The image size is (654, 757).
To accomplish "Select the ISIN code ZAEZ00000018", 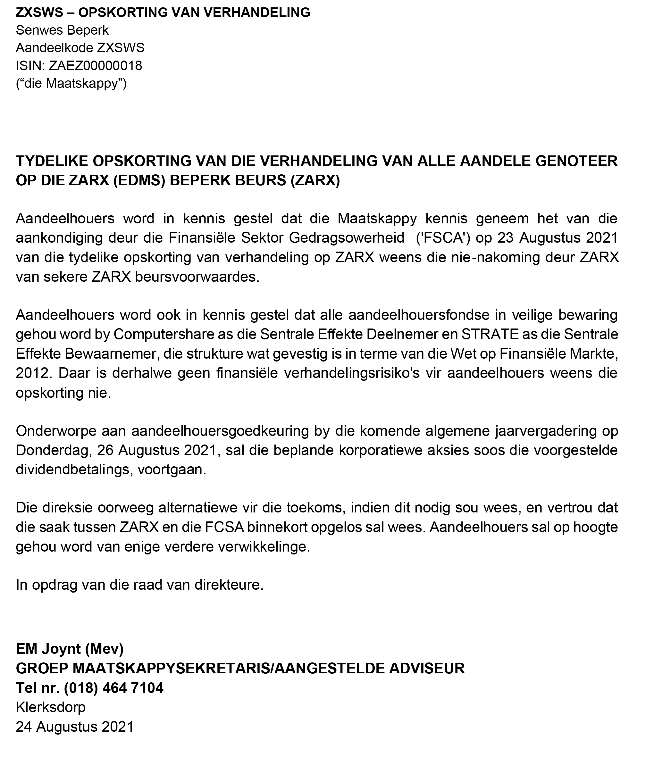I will click(x=95, y=66).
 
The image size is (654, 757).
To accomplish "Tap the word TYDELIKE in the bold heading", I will click(x=50, y=161).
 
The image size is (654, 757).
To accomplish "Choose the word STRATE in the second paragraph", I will click(x=490, y=334).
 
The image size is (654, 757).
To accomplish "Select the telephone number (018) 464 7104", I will click(x=113, y=688).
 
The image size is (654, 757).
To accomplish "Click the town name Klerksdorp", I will click(x=50, y=707).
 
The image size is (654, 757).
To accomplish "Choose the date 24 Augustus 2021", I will click(x=74, y=727).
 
